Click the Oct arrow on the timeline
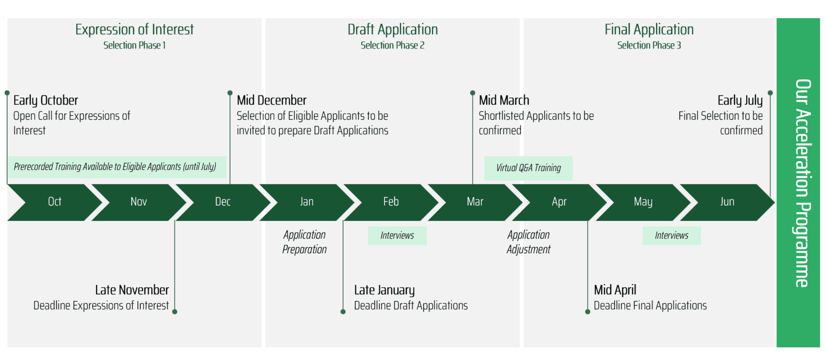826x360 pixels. (x=55, y=202)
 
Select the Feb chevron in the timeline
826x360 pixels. (x=391, y=202)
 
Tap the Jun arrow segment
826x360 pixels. (x=727, y=202)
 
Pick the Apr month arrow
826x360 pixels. (x=559, y=202)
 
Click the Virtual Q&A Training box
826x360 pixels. (x=529, y=168)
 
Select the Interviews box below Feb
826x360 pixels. (x=397, y=236)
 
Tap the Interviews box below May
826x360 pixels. (x=672, y=236)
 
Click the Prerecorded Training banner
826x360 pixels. (x=117, y=167)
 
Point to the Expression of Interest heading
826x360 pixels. (x=134, y=29)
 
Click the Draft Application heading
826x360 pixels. (x=392, y=29)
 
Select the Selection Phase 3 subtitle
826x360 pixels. (x=649, y=45)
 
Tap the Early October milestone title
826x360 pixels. (x=46, y=100)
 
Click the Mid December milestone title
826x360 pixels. (x=272, y=100)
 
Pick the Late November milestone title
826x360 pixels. (x=132, y=290)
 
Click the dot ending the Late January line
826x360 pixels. (x=343, y=311)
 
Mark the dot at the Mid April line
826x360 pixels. (x=588, y=311)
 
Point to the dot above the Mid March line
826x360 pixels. (x=473, y=93)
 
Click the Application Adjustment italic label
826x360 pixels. (x=529, y=242)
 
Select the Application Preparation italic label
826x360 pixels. (x=305, y=242)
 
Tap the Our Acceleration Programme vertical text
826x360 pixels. (x=802, y=183)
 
